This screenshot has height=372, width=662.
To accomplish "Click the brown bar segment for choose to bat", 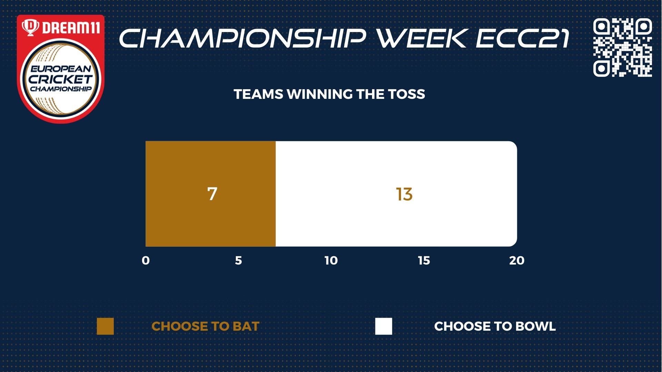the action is coord(211,194).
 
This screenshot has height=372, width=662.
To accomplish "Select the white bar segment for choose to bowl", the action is coord(397,194).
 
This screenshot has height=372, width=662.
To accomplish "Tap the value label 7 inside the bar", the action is coord(212,194).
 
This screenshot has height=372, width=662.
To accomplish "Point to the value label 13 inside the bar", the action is coord(404,194).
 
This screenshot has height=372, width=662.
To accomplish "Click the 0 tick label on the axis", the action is coord(146,261).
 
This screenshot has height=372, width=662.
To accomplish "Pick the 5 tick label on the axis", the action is coord(239,261).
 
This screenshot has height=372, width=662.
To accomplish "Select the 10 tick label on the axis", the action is coord(331,261).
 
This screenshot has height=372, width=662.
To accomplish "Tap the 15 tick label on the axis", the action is coord(424,261).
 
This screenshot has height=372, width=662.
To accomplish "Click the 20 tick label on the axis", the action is coord(517,261).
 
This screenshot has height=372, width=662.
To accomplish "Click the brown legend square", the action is coord(105,326).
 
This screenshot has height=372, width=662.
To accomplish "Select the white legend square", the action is coord(384,326).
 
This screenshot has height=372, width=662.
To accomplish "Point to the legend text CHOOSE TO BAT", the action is coord(205,327).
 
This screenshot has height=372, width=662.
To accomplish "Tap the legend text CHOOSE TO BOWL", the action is coord(495,327).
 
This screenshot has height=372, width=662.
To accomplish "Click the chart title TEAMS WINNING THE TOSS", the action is coord(329,94).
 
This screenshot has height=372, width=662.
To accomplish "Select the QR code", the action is coord(623,47).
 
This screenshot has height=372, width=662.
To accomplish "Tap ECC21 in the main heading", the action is coord(522,38).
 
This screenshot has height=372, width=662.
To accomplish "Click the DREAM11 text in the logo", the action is coord(71,28).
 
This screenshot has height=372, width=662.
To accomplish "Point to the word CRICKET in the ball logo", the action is coord(60,79).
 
